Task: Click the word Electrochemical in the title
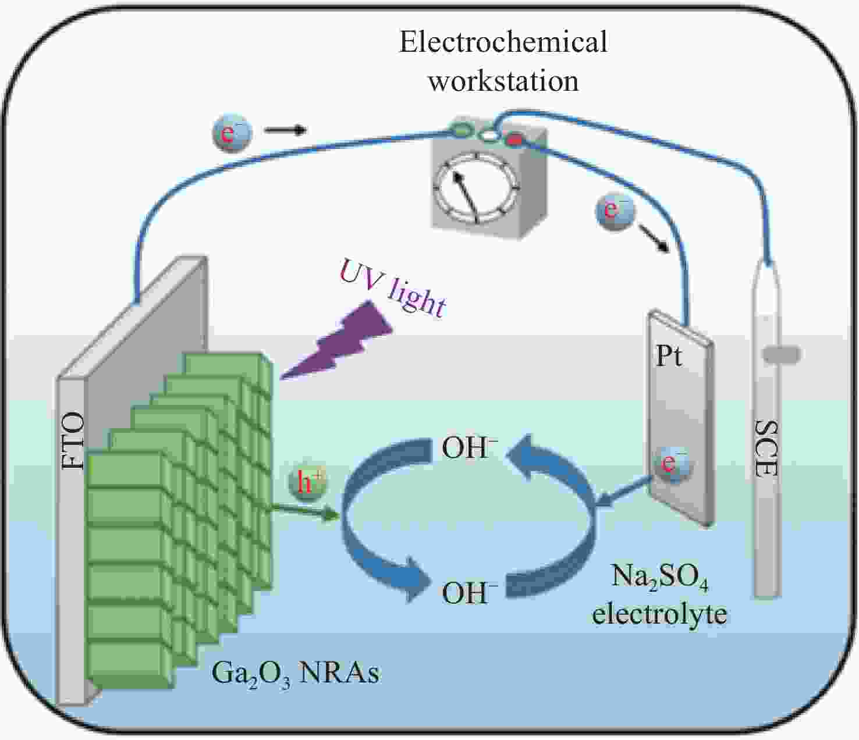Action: (x=503, y=42)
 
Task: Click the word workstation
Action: (x=503, y=81)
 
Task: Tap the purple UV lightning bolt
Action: (x=336, y=341)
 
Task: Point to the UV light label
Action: (x=393, y=288)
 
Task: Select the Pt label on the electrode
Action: (x=669, y=355)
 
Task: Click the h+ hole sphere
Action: (x=307, y=483)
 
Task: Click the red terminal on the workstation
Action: (x=514, y=140)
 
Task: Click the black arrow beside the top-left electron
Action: (x=286, y=130)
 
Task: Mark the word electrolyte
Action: (x=659, y=614)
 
